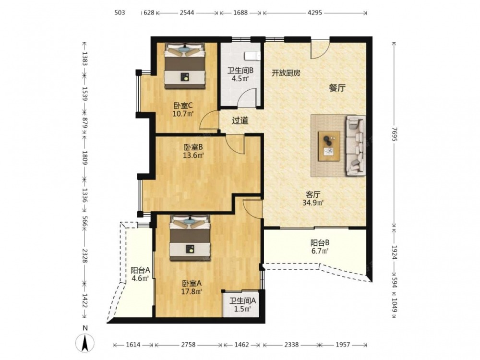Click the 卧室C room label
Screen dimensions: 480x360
coord(183,106)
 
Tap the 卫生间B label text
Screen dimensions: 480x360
coord(240,71)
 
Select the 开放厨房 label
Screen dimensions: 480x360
coord(286,73)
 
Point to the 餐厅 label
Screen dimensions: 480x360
coord(337,88)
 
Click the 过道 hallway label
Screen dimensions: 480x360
coord(240,120)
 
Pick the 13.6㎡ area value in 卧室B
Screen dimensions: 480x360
coord(193,156)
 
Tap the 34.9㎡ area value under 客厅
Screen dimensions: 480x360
coord(313,203)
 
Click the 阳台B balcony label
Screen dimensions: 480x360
coord(320,243)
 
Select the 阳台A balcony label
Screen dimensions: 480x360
coord(140,270)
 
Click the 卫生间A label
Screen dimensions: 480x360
coord(243,301)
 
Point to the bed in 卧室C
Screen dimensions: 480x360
coord(185,66)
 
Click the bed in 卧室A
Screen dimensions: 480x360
coord(190,238)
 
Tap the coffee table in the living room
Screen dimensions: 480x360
coord(329,146)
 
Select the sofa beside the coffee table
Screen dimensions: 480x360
coord(356,146)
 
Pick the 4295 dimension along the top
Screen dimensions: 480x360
coord(315,13)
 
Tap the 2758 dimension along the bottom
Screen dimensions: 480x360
coord(188,345)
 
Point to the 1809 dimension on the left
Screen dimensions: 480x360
coord(85,157)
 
